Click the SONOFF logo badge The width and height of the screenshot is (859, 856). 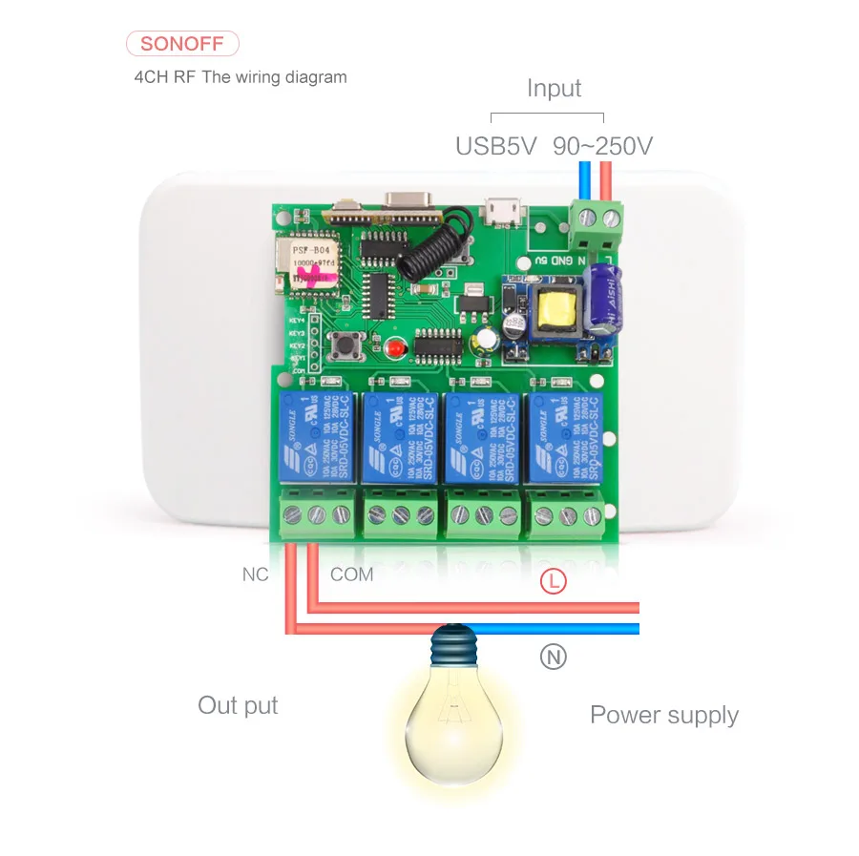tap(182, 44)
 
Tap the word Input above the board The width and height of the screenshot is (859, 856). tap(554, 89)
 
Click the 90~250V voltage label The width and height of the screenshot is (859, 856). tap(603, 146)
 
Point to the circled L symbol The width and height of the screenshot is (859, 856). tap(554, 580)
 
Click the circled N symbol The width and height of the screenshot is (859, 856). tap(554, 657)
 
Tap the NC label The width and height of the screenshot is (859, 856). tap(255, 574)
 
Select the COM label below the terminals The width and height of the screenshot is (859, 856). tap(351, 574)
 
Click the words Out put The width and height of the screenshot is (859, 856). tap(238, 706)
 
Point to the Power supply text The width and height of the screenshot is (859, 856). tap(664, 715)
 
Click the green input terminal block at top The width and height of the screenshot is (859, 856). tap(596, 218)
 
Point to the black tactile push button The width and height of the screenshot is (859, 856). tap(343, 351)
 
